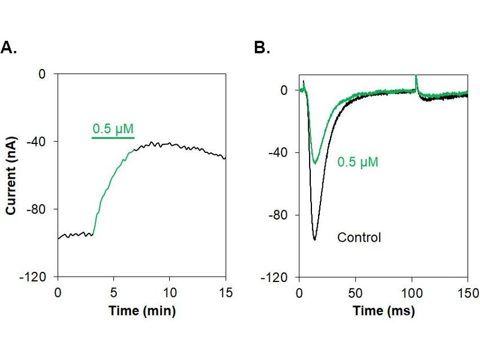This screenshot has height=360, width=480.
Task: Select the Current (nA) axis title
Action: (11, 175)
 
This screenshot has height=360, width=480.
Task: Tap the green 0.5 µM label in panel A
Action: (113, 128)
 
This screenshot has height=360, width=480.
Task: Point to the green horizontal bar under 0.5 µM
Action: (113, 138)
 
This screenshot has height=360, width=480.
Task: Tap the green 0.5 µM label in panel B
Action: (358, 162)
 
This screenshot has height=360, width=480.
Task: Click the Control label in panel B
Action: (359, 238)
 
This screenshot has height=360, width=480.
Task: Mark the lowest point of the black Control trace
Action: (314, 240)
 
